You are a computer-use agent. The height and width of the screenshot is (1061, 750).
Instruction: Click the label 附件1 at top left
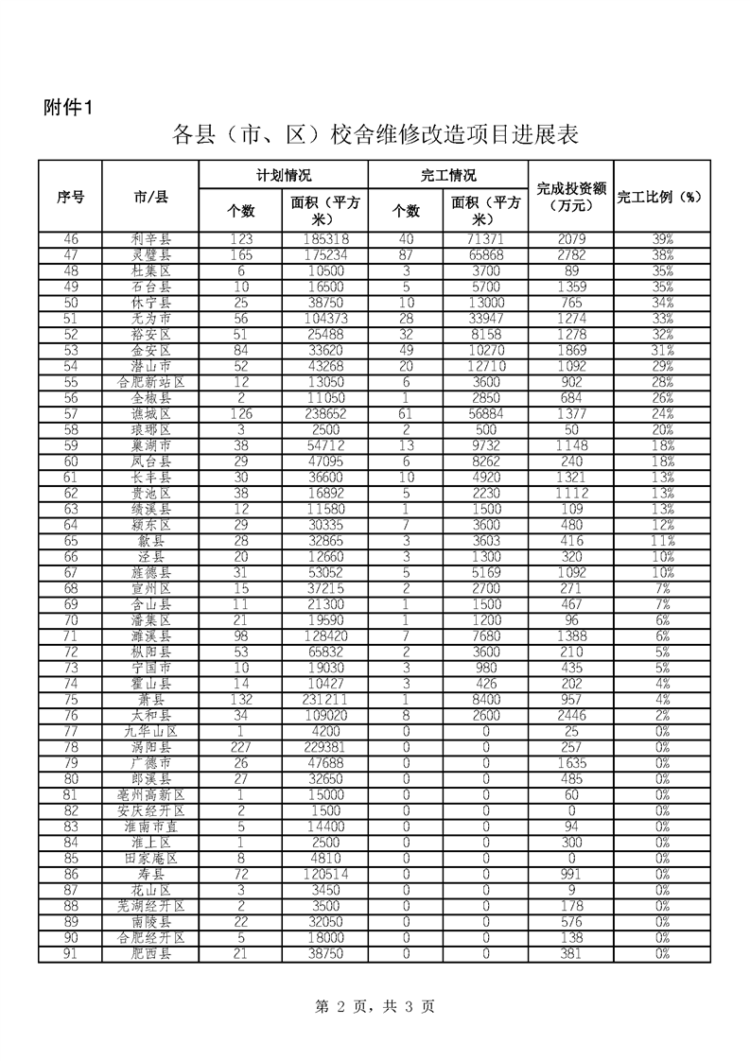67,107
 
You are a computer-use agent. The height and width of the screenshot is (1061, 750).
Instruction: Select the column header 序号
71,197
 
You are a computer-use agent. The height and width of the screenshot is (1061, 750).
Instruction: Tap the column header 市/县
151,197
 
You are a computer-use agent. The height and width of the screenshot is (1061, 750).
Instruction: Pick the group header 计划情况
284,176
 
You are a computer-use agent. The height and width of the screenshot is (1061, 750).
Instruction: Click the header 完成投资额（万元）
571,197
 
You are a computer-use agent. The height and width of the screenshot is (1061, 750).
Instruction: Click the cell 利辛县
151,240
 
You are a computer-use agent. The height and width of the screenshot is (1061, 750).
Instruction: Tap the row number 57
71,414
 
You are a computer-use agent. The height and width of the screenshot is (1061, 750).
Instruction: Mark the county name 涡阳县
151,747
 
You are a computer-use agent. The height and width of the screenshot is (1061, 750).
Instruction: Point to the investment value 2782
571,255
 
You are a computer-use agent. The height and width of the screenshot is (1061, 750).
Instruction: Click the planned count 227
241,747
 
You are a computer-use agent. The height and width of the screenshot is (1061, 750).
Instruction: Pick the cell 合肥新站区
151,382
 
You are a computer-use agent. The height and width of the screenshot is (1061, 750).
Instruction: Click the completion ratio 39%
663,240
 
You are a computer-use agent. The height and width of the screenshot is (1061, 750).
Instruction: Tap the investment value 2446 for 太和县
571,715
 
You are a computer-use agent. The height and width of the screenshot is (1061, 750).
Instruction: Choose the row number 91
71,953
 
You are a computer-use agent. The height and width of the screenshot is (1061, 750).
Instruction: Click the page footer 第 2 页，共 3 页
375,1008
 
